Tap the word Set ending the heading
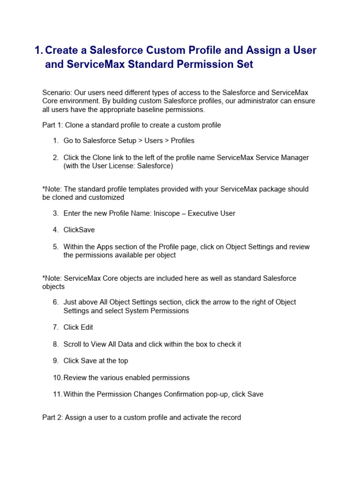(x=244, y=65)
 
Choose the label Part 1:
(x=52, y=125)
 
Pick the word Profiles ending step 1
(x=182, y=141)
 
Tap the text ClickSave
(x=79, y=230)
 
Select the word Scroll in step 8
(x=74, y=344)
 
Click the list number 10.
(x=57, y=378)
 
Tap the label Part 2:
(x=52, y=417)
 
